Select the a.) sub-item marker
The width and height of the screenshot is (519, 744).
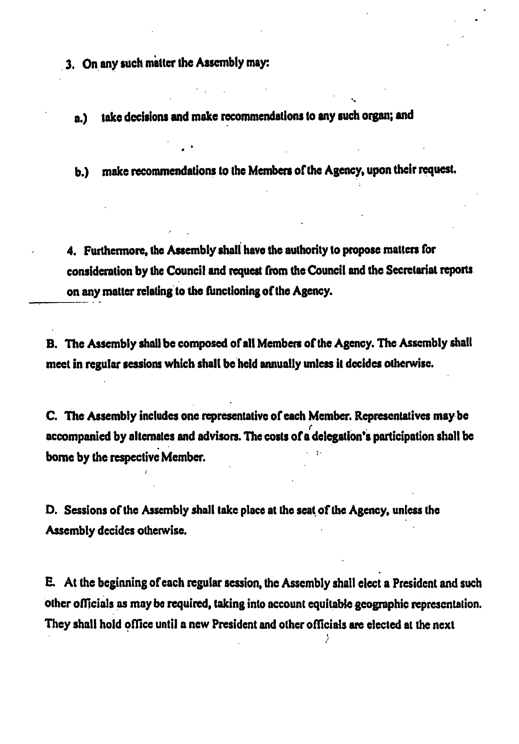coord(81,118)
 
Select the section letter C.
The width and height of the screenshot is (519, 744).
coord(52,417)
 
